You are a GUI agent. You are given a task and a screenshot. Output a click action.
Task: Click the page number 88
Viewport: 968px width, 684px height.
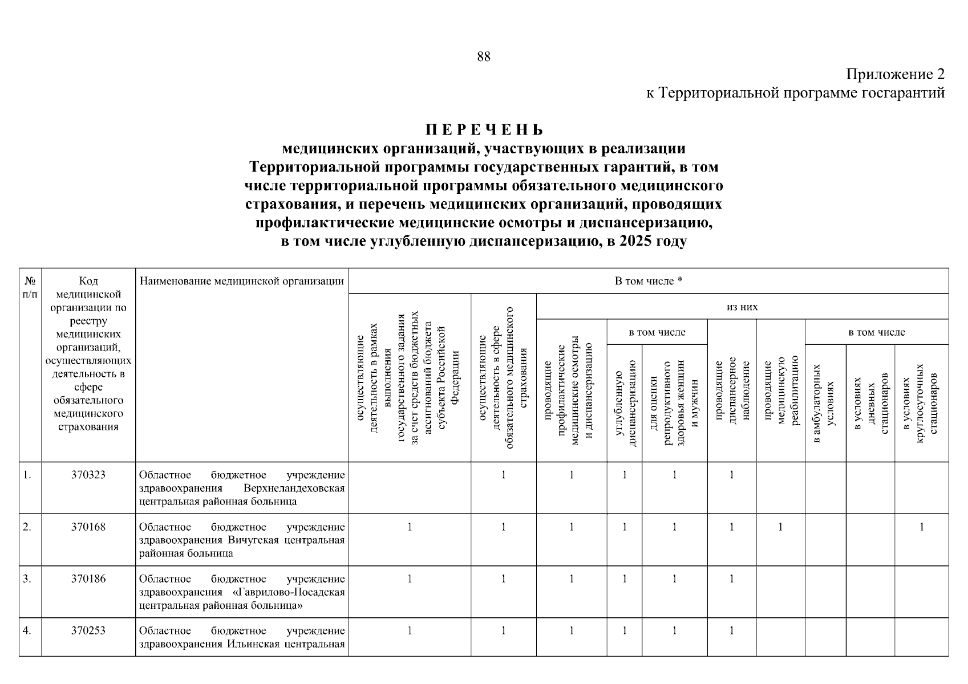(483, 56)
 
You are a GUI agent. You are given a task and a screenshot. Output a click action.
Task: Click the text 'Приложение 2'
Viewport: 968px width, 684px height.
(895, 75)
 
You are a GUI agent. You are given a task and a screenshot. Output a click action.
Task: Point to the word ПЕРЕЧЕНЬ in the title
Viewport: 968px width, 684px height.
(484, 130)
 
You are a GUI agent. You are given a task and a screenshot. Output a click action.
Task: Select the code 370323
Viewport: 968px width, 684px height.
(88, 475)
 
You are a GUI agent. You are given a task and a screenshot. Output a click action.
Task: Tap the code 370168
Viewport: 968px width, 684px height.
(88, 527)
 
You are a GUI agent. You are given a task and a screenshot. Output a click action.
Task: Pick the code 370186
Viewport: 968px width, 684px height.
(88, 579)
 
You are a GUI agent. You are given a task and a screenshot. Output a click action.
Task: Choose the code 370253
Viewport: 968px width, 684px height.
(88, 630)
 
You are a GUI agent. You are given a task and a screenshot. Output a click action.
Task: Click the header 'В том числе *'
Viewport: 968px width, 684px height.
(649, 281)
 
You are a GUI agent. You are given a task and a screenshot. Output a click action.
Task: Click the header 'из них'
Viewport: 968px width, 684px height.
(742, 307)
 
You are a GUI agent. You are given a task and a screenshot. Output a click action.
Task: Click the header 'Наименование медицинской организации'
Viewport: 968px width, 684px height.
(242, 281)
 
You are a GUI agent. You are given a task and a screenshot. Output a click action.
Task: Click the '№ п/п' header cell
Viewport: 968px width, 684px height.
(30, 287)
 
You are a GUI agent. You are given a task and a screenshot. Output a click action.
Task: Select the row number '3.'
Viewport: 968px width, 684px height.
(27, 579)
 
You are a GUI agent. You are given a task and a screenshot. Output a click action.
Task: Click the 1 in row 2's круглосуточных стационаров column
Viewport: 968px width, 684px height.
(921, 527)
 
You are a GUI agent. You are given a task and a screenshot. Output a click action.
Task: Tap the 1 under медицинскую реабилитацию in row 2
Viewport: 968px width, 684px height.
(780, 527)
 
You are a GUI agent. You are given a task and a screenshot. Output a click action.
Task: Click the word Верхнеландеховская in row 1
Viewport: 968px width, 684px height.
(294, 488)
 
